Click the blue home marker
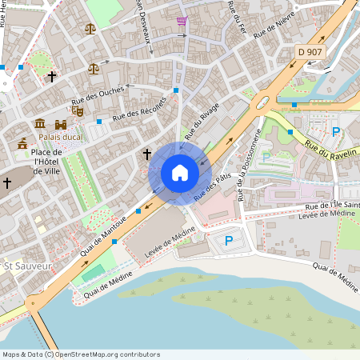pos(180,173)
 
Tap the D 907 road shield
pos(311,52)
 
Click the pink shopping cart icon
pos(182,21)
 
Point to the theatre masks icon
pos(78,111)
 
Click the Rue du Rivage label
pos(201,126)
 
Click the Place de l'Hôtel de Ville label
pos(48,162)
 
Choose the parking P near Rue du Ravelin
pos(336,132)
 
